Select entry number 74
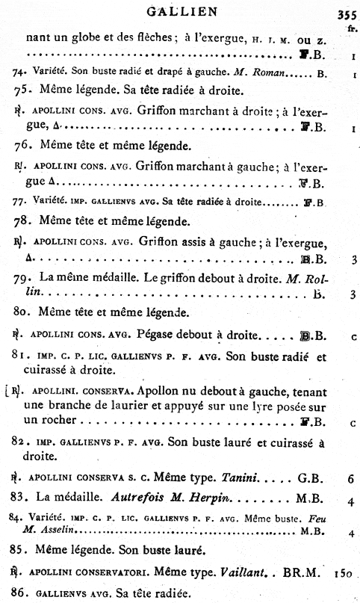(21, 74)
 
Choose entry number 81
(22, 356)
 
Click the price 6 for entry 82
(350, 476)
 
